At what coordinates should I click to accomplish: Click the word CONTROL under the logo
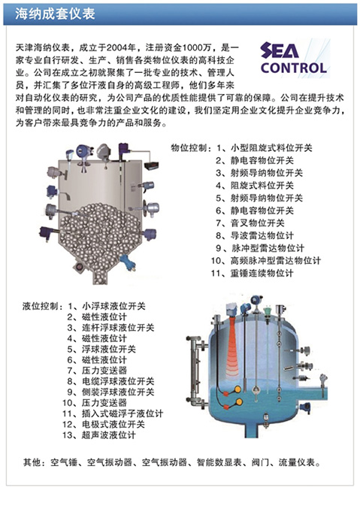[293, 68]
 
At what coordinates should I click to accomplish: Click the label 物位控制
[191, 149]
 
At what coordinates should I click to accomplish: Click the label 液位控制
[41, 307]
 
